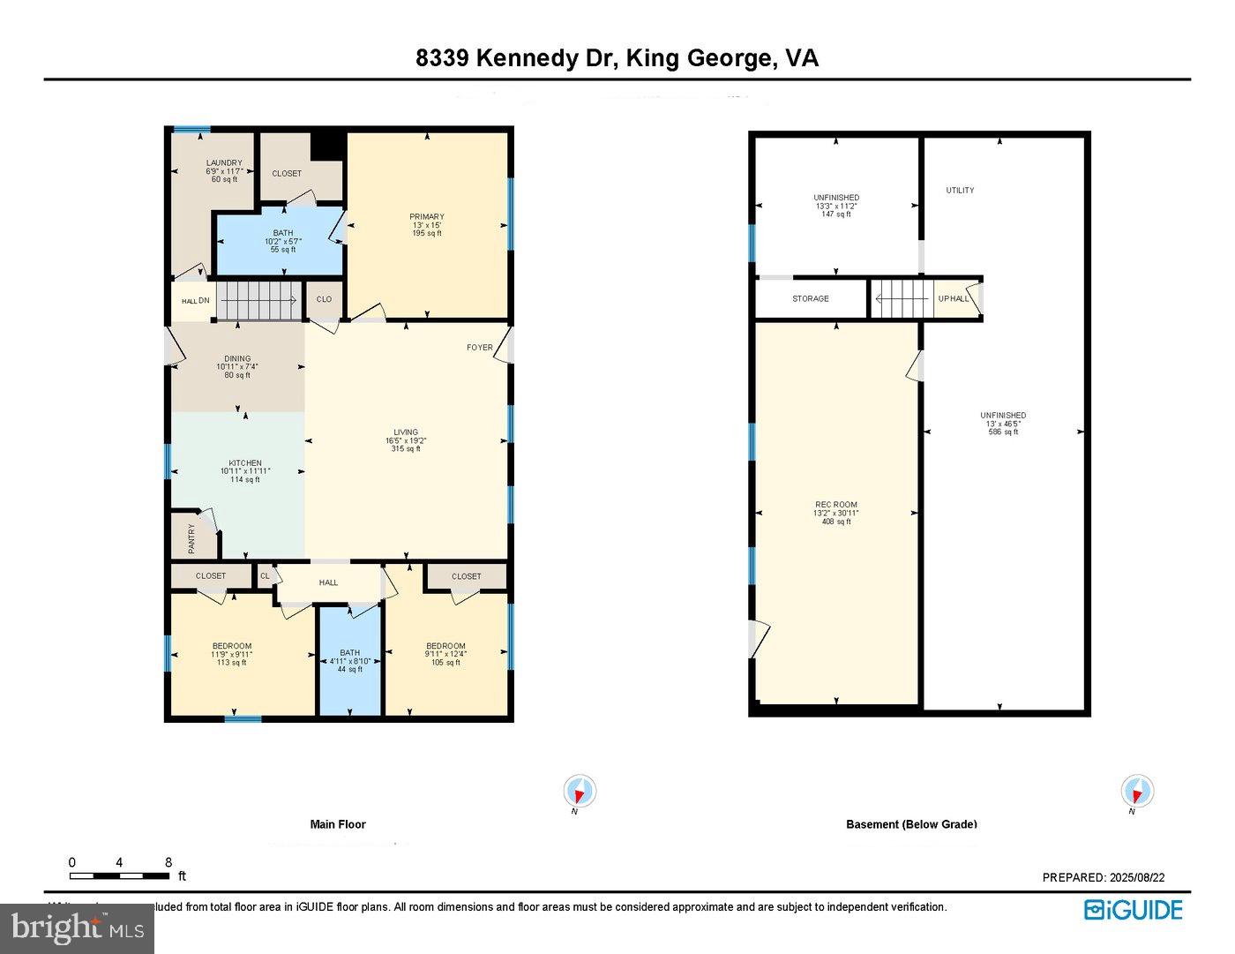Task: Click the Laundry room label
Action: [x=224, y=163]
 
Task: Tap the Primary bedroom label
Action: [x=426, y=217]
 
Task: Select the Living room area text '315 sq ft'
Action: [x=406, y=449]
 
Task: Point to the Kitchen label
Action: [x=245, y=463]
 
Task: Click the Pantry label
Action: [x=191, y=539]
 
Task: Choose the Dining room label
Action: [x=237, y=359]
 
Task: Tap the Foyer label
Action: [x=479, y=348]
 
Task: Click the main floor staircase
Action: [x=258, y=301]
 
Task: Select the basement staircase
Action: [x=902, y=298]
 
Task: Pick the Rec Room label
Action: [x=835, y=506]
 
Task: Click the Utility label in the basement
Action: [x=960, y=191]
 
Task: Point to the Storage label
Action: [x=810, y=299]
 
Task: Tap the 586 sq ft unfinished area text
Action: [x=1003, y=432]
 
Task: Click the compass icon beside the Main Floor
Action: [x=580, y=791]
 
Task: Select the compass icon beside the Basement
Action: [x=1137, y=791]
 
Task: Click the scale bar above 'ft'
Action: [x=119, y=876]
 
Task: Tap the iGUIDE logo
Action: [x=1133, y=910]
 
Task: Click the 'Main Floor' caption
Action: [x=338, y=824]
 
